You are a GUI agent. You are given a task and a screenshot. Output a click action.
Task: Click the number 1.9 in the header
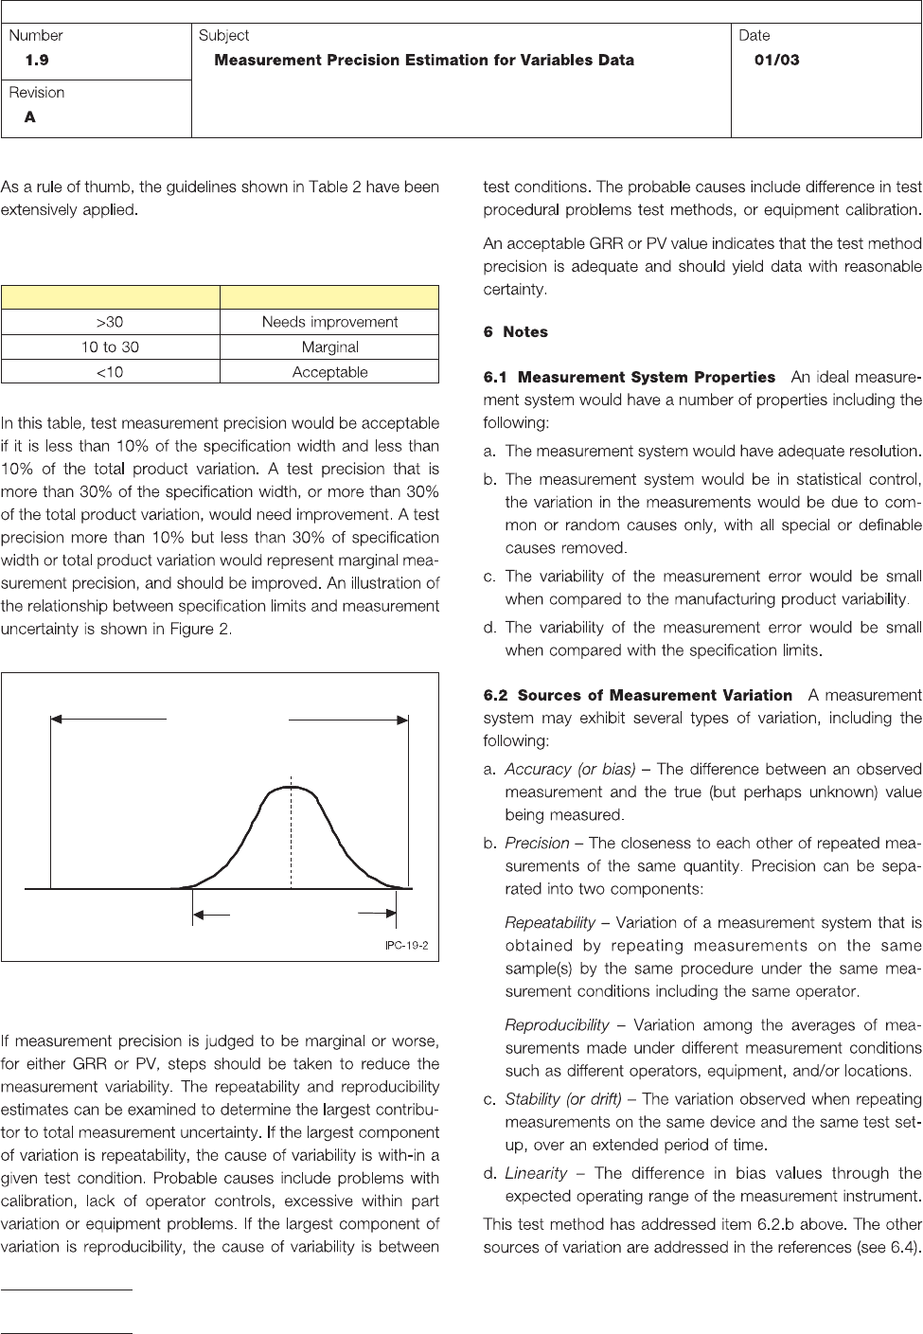37,60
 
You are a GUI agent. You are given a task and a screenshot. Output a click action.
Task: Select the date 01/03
776,60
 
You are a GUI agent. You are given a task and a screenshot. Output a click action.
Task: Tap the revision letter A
30,117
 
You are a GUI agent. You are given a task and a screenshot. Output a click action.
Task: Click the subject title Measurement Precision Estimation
424,60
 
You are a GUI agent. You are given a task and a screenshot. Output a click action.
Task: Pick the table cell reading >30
110,322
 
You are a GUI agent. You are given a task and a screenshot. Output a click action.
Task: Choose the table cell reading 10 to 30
110,347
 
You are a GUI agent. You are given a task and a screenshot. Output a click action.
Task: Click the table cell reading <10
110,372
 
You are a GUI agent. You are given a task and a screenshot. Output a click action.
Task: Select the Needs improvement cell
329,322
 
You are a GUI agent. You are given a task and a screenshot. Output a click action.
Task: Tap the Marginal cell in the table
329,347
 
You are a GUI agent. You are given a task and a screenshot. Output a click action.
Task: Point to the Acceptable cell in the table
329,372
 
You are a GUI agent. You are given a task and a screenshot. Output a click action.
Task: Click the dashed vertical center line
292,843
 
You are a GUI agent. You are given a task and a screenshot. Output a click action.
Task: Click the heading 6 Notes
515,332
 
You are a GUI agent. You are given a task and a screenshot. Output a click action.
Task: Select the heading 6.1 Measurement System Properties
629,378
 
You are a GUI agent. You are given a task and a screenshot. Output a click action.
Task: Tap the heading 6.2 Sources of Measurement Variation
637,695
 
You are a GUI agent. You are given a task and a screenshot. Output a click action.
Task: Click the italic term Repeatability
550,922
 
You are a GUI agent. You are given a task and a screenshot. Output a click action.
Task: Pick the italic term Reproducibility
557,1024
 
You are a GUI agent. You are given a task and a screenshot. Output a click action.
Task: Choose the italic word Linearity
536,1173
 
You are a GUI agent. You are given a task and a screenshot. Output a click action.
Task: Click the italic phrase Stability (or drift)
563,1099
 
